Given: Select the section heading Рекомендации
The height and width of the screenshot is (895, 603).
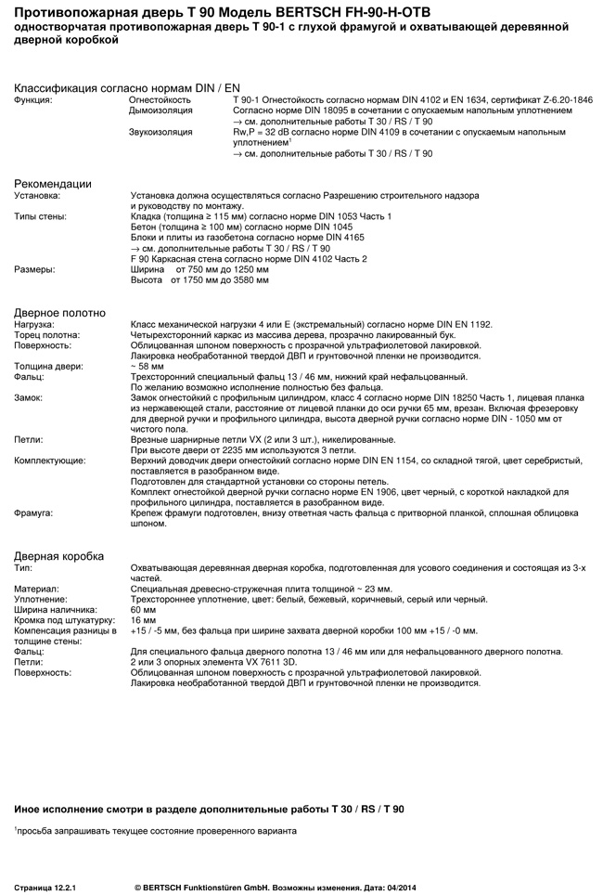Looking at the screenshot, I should (52, 184).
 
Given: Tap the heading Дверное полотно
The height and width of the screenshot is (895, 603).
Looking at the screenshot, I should (59, 313).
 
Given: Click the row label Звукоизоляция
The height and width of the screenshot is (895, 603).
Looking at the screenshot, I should (160, 133).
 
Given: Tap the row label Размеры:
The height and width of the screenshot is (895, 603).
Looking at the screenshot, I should (33, 269).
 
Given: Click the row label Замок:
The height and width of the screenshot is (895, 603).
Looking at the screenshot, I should (29, 397).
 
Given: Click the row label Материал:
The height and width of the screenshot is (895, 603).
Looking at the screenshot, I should (36, 589).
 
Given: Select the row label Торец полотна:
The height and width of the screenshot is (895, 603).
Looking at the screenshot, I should (46, 334).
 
